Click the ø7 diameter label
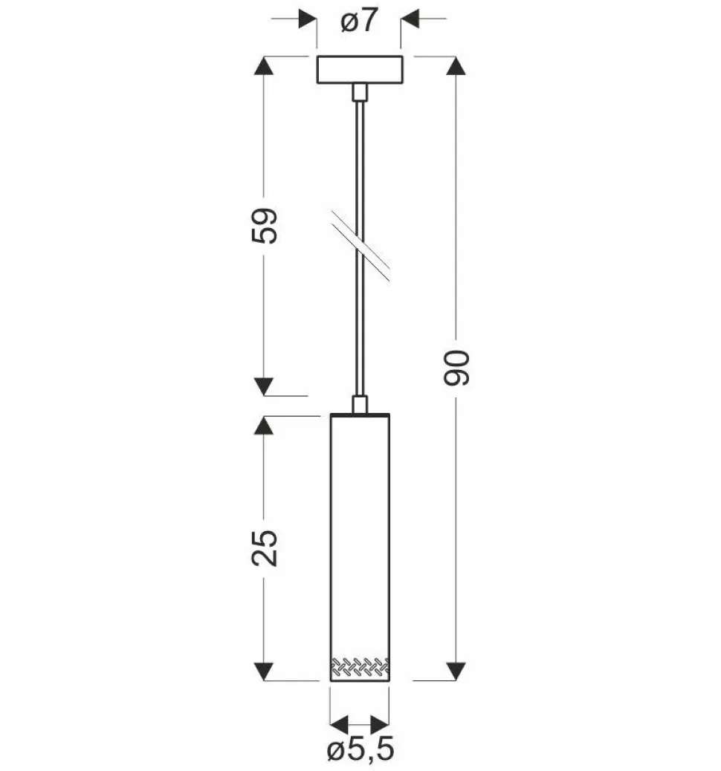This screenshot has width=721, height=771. coord(360,23)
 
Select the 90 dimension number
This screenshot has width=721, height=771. coord(457,367)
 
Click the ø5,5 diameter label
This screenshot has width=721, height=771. coord(360,751)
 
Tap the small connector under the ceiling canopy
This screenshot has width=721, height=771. coord(360,92)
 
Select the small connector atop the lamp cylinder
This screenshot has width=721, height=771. coord(360,404)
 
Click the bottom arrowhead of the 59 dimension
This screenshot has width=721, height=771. coord(263,386)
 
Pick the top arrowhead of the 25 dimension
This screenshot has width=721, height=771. coord(263,425)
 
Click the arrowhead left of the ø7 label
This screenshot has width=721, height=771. coord(307,18)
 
